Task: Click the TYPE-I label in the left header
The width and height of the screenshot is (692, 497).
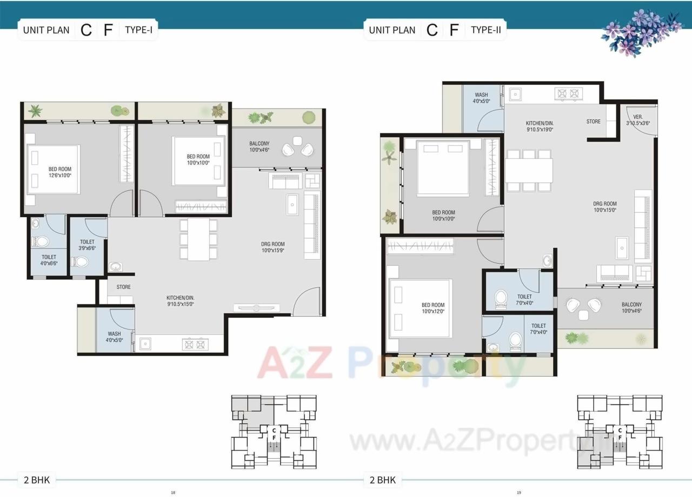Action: click(x=138, y=30)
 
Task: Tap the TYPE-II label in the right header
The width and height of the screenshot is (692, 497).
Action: click(x=485, y=30)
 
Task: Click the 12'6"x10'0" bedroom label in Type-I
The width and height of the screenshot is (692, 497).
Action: click(x=59, y=172)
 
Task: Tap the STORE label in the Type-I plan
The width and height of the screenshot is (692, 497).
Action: click(x=123, y=287)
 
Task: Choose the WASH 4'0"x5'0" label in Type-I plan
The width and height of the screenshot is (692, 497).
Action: click(x=114, y=337)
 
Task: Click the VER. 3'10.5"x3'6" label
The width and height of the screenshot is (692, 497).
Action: click(x=638, y=120)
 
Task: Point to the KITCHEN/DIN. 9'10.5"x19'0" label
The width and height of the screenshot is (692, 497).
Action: click(x=540, y=126)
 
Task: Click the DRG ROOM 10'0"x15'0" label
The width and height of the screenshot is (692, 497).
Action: click(x=605, y=207)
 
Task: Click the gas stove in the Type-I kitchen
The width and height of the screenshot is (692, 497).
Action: click(x=195, y=344)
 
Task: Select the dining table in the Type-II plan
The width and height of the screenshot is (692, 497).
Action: click(x=529, y=170)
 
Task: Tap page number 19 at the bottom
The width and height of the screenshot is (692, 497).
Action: click(x=518, y=492)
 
